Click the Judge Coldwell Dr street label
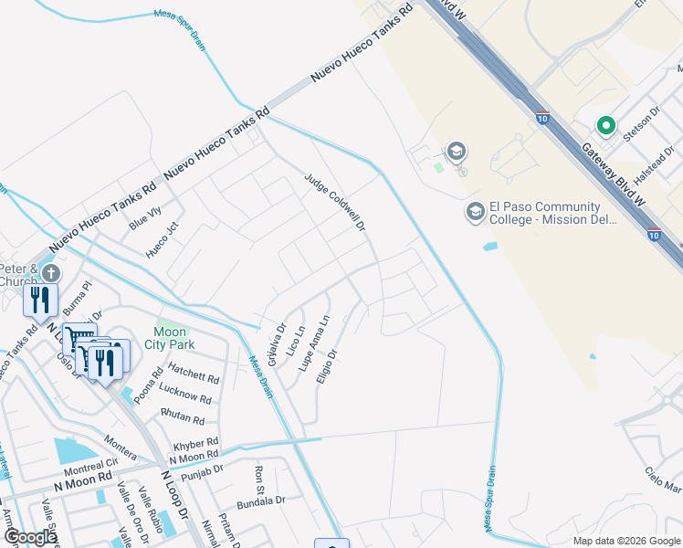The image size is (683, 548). [x=334, y=203]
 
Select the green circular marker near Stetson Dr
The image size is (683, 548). [x=604, y=125]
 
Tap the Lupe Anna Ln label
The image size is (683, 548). [x=314, y=342]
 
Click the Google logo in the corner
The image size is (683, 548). [x=30, y=536]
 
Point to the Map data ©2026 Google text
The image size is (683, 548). [x=625, y=541]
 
